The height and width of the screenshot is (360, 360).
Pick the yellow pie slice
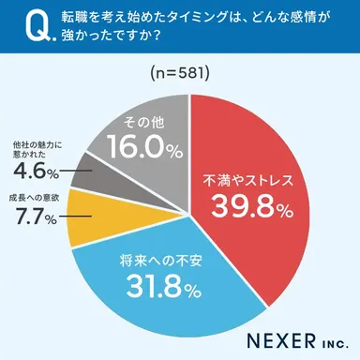[86, 213]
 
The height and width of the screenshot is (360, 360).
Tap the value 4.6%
[33, 172]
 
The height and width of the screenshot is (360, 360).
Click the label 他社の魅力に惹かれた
[37, 150]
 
